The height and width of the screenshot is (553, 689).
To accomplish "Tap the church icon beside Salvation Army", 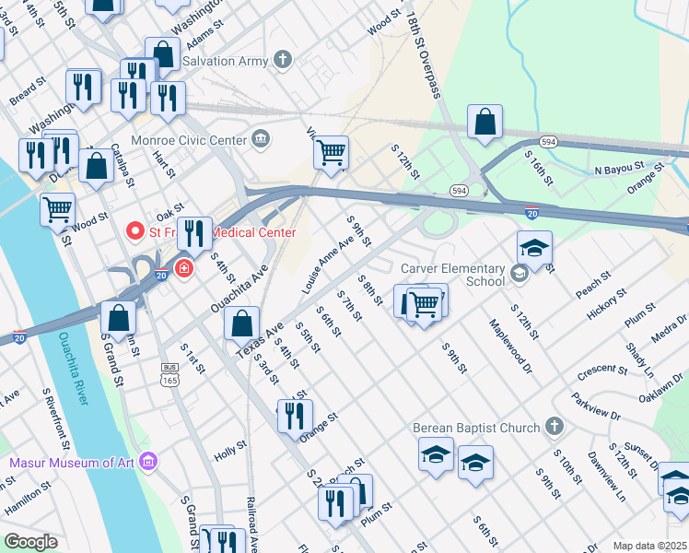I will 283,61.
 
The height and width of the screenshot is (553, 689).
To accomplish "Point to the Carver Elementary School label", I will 453,275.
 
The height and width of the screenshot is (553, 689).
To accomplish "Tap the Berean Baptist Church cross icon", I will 554,427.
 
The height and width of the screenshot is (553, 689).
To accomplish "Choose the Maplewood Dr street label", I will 511,340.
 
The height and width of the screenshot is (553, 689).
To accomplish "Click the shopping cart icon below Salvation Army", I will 331,151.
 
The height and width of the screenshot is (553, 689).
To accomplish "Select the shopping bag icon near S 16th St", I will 485,122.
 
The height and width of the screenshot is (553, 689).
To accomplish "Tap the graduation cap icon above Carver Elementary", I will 534,247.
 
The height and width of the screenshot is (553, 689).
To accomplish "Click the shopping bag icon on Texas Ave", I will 241,324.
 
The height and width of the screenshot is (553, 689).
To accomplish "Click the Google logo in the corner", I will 29,543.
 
